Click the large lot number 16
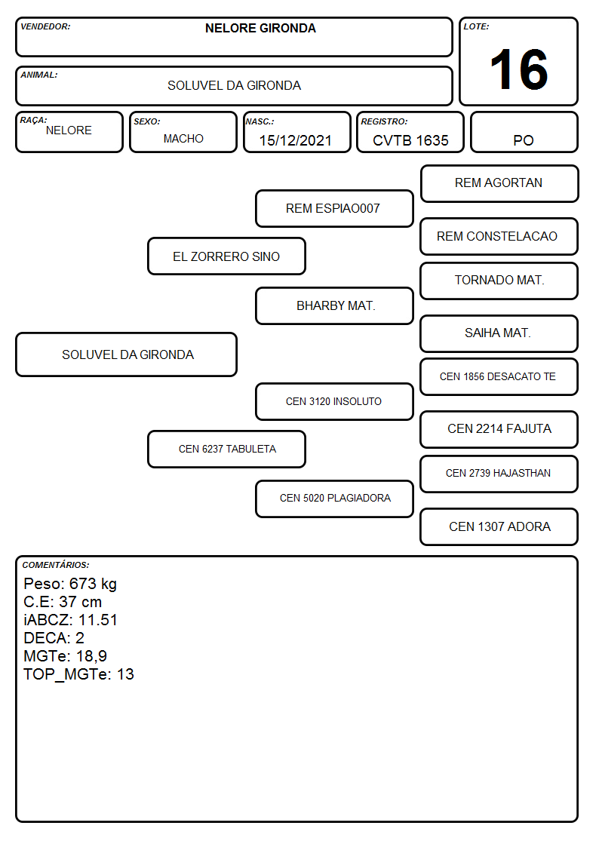tap(518, 69)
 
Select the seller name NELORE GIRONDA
tap(260, 28)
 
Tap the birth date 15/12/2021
tap(296, 140)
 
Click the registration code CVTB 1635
tap(410, 140)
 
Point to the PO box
tap(524, 132)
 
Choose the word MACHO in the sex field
tap(183, 139)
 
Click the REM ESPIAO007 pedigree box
tap(334, 208)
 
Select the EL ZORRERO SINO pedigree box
tap(227, 256)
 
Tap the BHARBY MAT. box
tap(334, 305)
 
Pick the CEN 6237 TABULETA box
tap(227, 449)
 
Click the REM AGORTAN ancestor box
tap(499, 184)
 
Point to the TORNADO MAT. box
tap(499, 281)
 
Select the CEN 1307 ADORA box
tap(499, 526)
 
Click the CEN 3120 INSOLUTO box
tap(334, 401)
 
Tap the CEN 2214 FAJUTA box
tap(499, 429)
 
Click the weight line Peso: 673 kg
tap(70, 584)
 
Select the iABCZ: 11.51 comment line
tap(70, 620)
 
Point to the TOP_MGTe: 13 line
tap(79, 674)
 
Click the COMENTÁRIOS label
tap(56, 565)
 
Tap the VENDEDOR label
tap(45, 26)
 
